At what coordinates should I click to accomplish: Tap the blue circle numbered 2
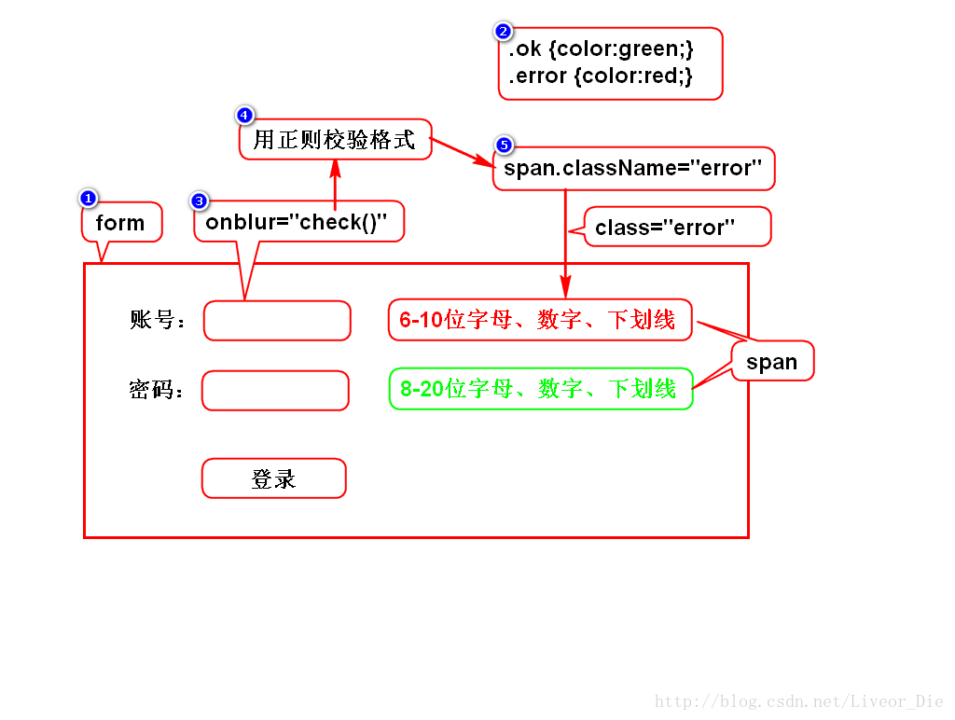pyautogui.click(x=504, y=32)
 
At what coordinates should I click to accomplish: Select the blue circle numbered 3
pyautogui.click(x=199, y=201)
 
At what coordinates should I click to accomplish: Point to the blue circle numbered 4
pyautogui.click(x=244, y=116)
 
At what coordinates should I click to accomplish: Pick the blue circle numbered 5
pyautogui.click(x=504, y=145)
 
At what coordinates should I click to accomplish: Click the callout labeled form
pyautogui.click(x=121, y=223)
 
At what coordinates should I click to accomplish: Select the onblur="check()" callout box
pyautogui.click(x=298, y=223)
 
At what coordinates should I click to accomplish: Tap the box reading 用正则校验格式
pyautogui.click(x=335, y=141)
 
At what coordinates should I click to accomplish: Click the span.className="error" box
pyautogui.click(x=633, y=169)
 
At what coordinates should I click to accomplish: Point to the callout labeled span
pyautogui.click(x=772, y=362)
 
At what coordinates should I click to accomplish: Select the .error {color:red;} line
pyautogui.click(x=601, y=76)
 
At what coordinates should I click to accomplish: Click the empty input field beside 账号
pyautogui.click(x=277, y=320)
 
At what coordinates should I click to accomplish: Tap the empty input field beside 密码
pyautogui.click(x=275, y=390)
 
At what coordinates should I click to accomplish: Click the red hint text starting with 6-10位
pyautogui.click(x=538, y=320)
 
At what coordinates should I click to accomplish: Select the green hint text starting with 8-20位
pyautogui.click(x=538, y=389)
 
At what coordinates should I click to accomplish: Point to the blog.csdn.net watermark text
pyautogui.click(x=799, y=701)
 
